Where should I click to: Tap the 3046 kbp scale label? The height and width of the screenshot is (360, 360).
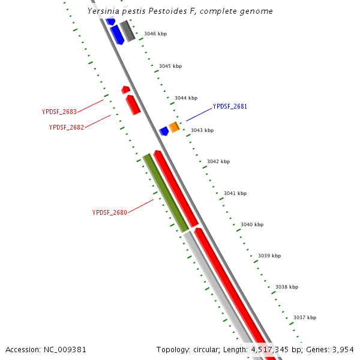click(x=155, y=34)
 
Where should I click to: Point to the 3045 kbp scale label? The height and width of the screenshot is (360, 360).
click(x=170, y=66)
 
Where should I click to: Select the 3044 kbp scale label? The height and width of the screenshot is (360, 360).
click(x=186, y=98)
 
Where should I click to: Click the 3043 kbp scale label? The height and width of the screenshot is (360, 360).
click(x=202, y=130)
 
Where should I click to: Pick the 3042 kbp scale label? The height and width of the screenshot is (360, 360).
click(x=218, y=162)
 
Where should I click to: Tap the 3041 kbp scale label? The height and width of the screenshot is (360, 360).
click(x=235, y=194)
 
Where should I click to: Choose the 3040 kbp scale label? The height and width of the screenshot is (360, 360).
click(x=252, y=225)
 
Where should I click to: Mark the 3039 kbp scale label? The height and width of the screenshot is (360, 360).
click(x=269, y=256)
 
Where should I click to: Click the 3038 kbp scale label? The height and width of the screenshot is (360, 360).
click(x=287, y=287)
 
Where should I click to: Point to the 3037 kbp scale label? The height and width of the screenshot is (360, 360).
click(x=305, y=318)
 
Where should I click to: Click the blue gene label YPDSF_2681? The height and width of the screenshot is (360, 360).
click(x=230, y=107)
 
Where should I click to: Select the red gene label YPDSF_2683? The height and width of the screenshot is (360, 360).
click(x=59, y=112)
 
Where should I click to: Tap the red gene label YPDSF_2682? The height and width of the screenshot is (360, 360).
click(x=66, y=127)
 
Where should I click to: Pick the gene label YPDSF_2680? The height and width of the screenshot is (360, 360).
click(x=109, y=212)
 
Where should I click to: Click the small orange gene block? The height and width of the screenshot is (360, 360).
click(x=174, y=127)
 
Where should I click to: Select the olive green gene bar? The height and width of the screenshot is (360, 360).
click(x=166, y=193)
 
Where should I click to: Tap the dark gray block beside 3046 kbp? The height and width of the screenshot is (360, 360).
click(x=127, y=31)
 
